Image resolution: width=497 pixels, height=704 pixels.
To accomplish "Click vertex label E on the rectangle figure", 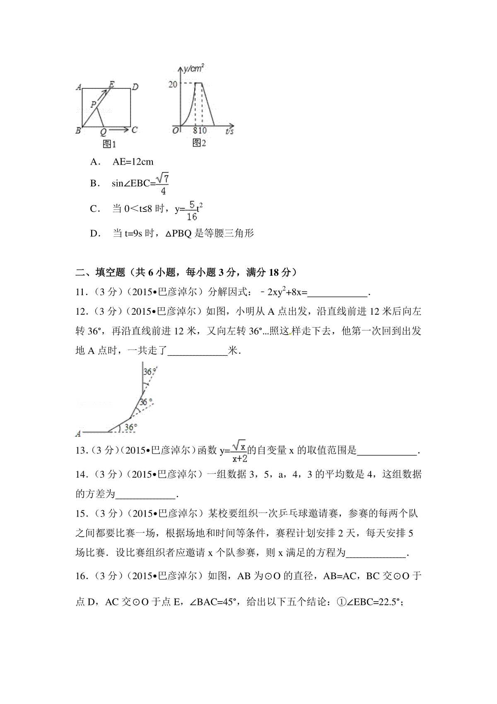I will click(x=111, y=84).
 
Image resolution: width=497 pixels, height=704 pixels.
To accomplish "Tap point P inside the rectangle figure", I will click(x=94, y=104).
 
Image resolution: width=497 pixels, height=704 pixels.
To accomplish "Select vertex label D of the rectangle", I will click(x=135, y=87).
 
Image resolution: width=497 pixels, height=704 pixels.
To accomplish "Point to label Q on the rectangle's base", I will click(x=103, y=132).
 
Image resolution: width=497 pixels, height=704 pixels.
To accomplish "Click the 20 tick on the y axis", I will click(x=172, y=84).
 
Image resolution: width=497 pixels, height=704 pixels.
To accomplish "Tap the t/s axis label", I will click(x=229, y=131).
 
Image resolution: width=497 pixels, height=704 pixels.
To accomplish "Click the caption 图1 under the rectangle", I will click(x=109, y=144).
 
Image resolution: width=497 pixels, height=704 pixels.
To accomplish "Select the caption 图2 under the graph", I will click(x=200, y=143).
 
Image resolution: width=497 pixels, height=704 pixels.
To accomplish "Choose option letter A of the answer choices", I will click(x=94, y=162).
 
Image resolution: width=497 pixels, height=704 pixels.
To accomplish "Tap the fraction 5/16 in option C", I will click(x=191, y=210).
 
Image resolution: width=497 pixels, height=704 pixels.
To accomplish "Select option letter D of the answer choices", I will click(x=94, y=233).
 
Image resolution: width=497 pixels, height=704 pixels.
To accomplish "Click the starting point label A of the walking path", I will click(x=78, y=434).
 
